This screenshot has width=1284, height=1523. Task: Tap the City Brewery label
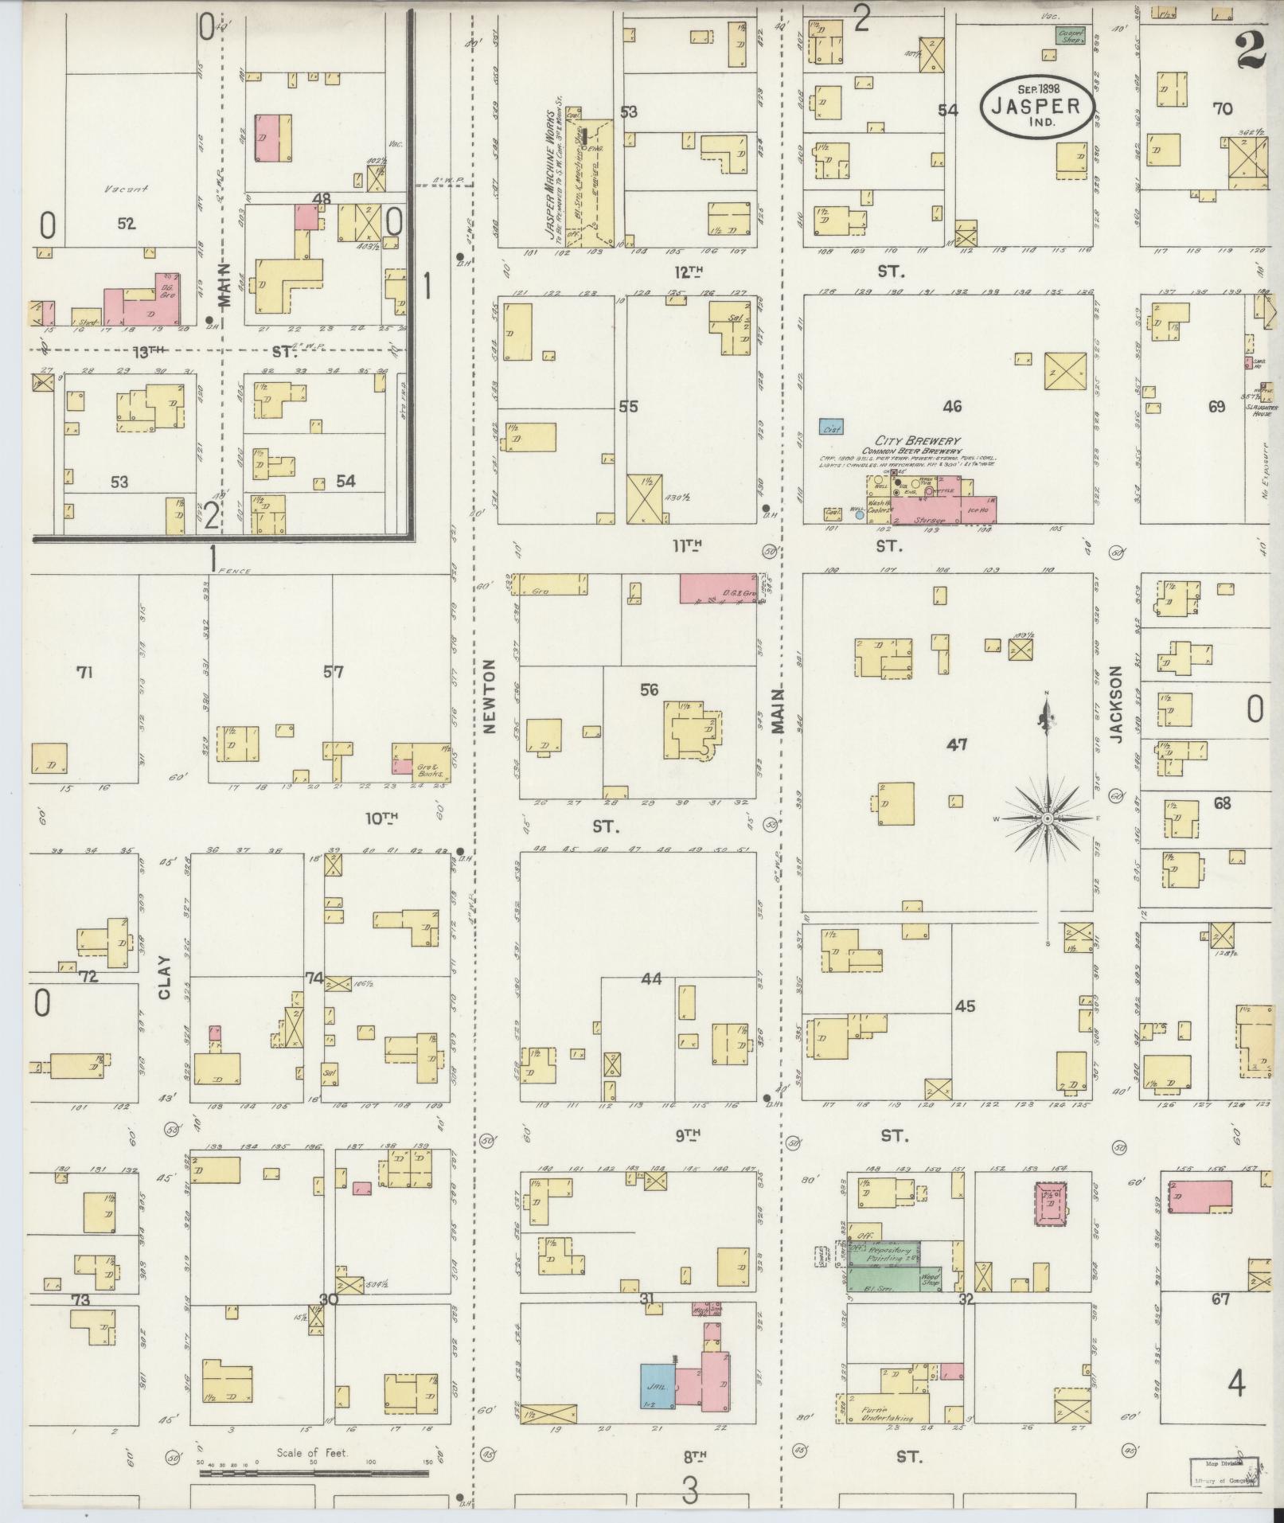point(917,441)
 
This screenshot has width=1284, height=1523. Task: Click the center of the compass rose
point(1048,818)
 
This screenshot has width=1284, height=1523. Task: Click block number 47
point(957,744)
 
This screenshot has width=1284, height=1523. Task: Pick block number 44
point(652,979)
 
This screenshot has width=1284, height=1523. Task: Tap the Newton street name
point(489,696)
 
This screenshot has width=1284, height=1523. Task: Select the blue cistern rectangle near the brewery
point(832,428)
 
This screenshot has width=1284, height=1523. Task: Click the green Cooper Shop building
point(1071,35)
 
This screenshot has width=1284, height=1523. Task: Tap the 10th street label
point(381,818)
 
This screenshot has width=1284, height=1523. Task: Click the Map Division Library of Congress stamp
point(1224,1473)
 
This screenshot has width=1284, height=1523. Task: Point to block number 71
point(84,673)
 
